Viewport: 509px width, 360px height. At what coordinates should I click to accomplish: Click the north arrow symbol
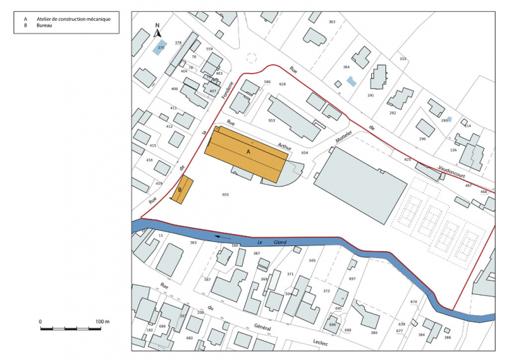pos(157,31)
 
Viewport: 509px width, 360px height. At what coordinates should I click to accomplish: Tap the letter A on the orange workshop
pos(248,150)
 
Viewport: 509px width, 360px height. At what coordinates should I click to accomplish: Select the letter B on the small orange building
pos(180,189)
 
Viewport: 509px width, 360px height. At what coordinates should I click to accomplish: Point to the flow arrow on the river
pos(224,237)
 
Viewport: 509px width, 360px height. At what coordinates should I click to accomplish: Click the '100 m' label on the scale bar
pos(103,322)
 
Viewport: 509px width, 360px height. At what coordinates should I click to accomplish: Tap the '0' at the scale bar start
pos(41,322)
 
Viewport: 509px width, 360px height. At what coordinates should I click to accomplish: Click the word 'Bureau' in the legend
pos(45,25)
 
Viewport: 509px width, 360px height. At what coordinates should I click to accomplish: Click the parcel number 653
pos(272,121)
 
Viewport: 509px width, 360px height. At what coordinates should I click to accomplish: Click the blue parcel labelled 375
pos(160,48)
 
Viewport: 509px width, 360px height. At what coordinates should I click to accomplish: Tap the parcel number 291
pos(371,96)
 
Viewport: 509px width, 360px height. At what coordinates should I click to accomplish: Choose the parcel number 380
pos(374,333)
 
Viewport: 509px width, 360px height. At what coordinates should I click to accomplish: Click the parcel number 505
pos(313,260)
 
